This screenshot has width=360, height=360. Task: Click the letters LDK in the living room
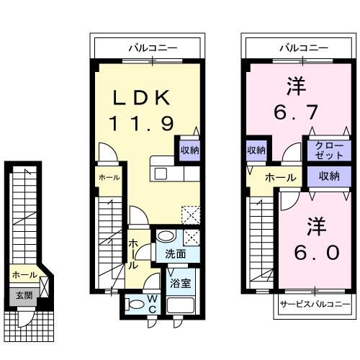pyautogui.click(x=141, y=97)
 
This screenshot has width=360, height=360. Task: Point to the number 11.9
pyautogui.click(x=141, y=124)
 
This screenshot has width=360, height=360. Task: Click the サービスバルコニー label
pyautogui.click(x=315, y=305)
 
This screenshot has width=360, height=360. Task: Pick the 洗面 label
pyautogui.click(x=176, y=254)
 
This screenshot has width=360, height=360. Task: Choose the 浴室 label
pyautogui.click(x=181, y=282)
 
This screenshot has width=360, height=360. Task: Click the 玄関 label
pyautogui.click(x=24, y=294)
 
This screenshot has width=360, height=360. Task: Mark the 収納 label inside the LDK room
pyautogui.click(x=189, y=150)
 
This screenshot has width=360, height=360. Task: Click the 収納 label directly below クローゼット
pyautogui.click(x=329, y=176)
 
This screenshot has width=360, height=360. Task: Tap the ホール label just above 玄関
pyautogui.click(x=24, y=275)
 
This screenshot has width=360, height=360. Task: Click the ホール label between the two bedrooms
pyautogui.click(x=280, y=178)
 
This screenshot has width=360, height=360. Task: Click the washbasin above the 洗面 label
pyautogui.click(x=166, y=236)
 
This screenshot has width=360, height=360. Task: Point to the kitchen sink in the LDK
pyautogui.click(x=160, y=174)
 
